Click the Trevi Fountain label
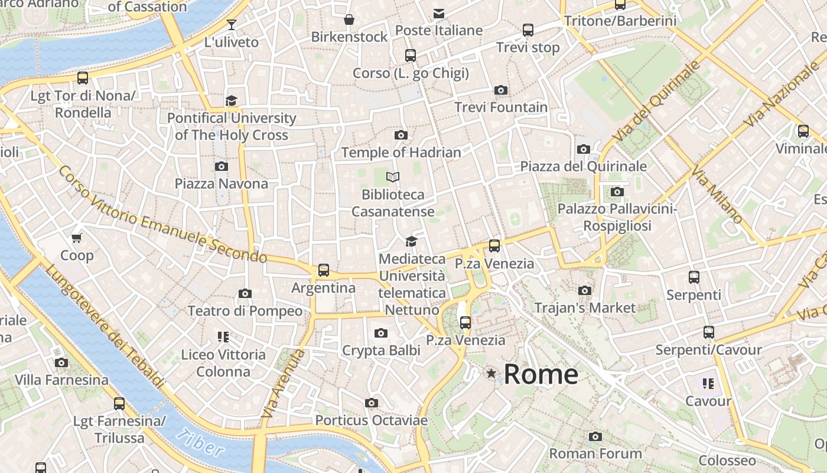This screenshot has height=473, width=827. tap(501, 108)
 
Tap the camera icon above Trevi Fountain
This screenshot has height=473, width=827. tap(501, 90)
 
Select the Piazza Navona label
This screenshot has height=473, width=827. tap(222, 184)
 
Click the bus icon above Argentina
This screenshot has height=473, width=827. tap(324, 270)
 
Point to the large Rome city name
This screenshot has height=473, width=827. tap(541, 374)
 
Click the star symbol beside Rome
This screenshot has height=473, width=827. tap(491, 373)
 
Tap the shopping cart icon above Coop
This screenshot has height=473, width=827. tap(77, 238)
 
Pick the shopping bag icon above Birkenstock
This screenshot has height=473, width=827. tap(350, 20)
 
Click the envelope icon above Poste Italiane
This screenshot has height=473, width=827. tap(439, 13)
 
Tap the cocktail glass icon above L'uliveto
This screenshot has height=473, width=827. tap(232, 25)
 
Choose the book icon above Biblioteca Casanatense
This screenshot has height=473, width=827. tap(393, 177)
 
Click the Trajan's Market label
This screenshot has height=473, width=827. tap(585, 308)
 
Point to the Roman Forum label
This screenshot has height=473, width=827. tap(595, 453)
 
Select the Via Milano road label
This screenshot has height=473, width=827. tap(717, 196)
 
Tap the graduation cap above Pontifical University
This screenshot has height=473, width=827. tap(231, 101)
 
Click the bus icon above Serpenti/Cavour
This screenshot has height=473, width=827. tap(709, 332)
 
